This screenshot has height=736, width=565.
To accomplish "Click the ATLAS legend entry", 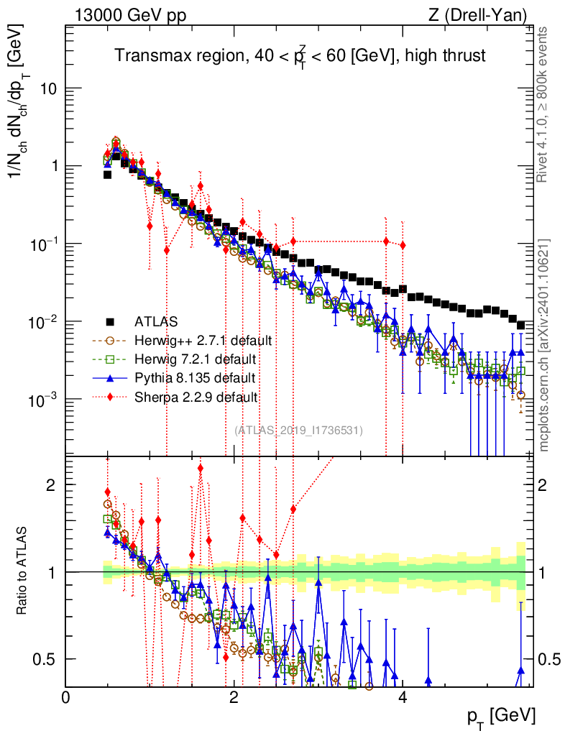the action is (x=156, y=322).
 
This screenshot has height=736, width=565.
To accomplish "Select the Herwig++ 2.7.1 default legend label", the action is (x=203, y=340).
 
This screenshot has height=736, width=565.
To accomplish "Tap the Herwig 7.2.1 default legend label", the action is (x=196, y=359).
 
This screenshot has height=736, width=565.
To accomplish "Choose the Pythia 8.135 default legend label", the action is (x=195, y=378).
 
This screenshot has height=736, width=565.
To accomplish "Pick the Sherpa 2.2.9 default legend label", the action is (x=196, y=397).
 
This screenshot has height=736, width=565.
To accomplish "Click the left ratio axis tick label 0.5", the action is (x=45, y=660).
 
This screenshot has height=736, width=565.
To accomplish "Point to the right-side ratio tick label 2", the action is (x=543, y=485).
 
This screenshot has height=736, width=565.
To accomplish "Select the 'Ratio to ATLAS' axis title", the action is (x=22, y=571).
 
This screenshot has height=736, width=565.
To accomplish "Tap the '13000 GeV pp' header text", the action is (x=130, y=16).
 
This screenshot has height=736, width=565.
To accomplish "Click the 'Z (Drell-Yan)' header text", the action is (x=477, y=16).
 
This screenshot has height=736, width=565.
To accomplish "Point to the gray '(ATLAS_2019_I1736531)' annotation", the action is (x=298, y=430).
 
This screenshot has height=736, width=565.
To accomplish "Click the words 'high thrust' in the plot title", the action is (x=445, y=56).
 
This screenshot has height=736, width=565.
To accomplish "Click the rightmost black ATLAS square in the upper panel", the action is (x=520, y=326).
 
